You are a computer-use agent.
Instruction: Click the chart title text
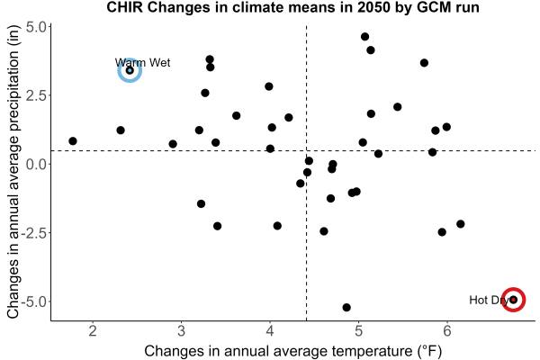[292, 7]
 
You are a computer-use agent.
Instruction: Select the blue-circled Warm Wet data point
[130, 70]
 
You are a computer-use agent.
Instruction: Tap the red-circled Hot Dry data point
[513, 300]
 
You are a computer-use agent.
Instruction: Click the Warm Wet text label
[142, 63]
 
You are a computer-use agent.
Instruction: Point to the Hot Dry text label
[489, 300]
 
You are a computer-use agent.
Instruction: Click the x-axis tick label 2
[93, 331]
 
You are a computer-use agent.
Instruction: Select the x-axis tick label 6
[447, 331]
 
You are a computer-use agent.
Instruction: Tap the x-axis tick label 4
[270, 331]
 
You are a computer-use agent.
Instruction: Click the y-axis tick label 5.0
[36, 27]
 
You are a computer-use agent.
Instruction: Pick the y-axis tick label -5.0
[34, 301]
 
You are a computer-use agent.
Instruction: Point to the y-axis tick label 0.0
[36, 164]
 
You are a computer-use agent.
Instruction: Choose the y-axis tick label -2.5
[34, 233]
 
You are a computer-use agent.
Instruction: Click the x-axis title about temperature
[293, 351]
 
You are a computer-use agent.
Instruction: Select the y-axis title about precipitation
[13, 171]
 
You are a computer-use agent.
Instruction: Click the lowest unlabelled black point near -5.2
[346, 307]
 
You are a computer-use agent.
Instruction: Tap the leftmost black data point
[73, 141]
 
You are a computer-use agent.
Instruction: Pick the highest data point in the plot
[365, 37]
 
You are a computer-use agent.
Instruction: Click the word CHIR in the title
[125, 7]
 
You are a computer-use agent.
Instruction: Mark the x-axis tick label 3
[181, 331]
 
